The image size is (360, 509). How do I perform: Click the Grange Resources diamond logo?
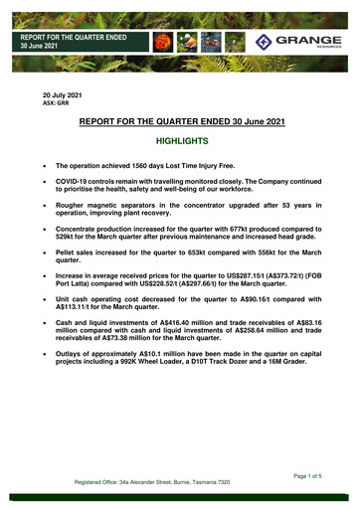pyautogui.click(x=264, y=41)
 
